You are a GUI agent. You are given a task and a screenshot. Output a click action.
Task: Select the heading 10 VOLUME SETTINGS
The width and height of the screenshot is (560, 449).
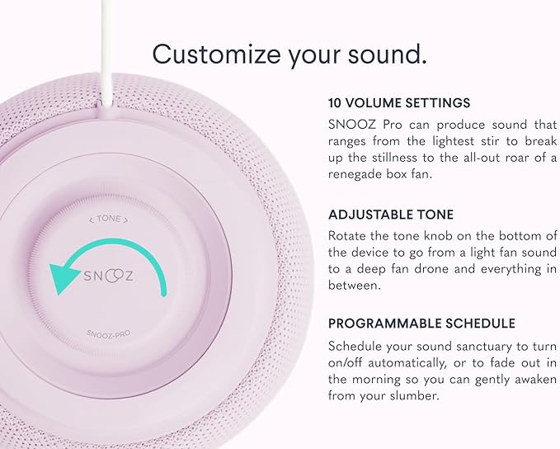coord(399,103)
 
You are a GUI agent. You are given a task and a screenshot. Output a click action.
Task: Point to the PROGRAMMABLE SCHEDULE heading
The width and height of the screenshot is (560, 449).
coord(421,323)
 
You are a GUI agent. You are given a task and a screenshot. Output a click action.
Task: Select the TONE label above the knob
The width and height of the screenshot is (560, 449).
coord(111,220)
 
